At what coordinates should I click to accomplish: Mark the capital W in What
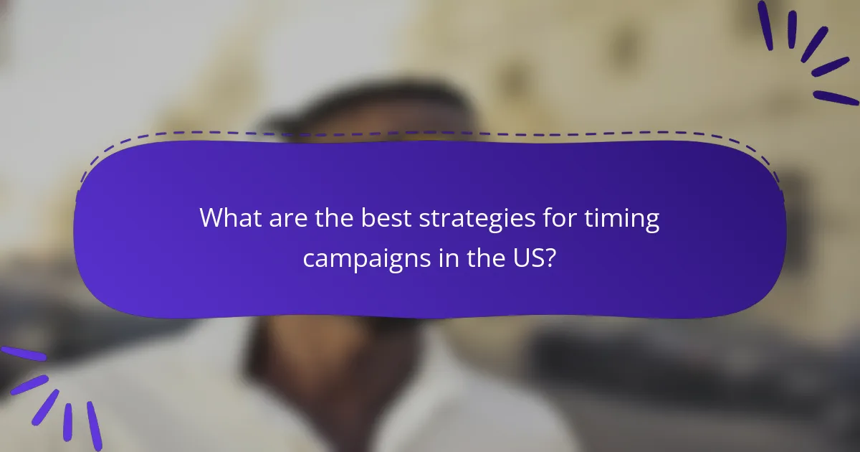point(211,218)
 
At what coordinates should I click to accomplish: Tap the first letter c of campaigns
point(309,259)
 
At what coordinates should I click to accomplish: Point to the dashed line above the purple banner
point(430,133)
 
